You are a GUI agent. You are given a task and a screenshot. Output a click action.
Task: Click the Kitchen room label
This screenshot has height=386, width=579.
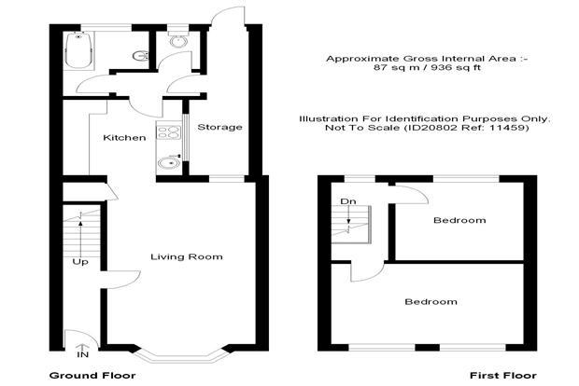pos(124,138)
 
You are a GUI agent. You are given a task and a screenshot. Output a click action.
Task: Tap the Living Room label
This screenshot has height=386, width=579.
pos(187,256)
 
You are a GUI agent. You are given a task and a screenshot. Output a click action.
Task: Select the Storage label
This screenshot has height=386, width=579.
pos(219,128)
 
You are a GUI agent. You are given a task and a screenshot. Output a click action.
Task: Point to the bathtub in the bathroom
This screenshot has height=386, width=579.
pos(78,49)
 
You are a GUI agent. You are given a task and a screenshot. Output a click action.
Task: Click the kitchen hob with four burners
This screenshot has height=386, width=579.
pos(169,132)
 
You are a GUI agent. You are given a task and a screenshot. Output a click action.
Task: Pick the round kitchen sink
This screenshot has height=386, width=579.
pos(169,162)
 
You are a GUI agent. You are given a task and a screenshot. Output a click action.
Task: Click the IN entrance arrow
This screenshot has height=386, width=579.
pos(82,348)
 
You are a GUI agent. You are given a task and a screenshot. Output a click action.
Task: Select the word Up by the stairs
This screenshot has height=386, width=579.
pos(80,262)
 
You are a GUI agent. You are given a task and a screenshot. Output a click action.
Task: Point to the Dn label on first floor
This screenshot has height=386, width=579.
pos(348,201)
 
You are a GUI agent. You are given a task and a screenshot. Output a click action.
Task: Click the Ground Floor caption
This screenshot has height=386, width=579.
pos(92,376)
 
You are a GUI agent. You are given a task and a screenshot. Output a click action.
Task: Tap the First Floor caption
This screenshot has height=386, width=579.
pos(503,376)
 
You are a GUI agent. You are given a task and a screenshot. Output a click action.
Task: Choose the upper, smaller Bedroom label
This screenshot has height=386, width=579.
pos(459,220)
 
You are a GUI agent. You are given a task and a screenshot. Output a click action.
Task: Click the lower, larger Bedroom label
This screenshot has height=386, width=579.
pos(431,302)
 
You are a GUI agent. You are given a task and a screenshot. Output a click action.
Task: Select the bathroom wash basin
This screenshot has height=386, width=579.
pos(140,56)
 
